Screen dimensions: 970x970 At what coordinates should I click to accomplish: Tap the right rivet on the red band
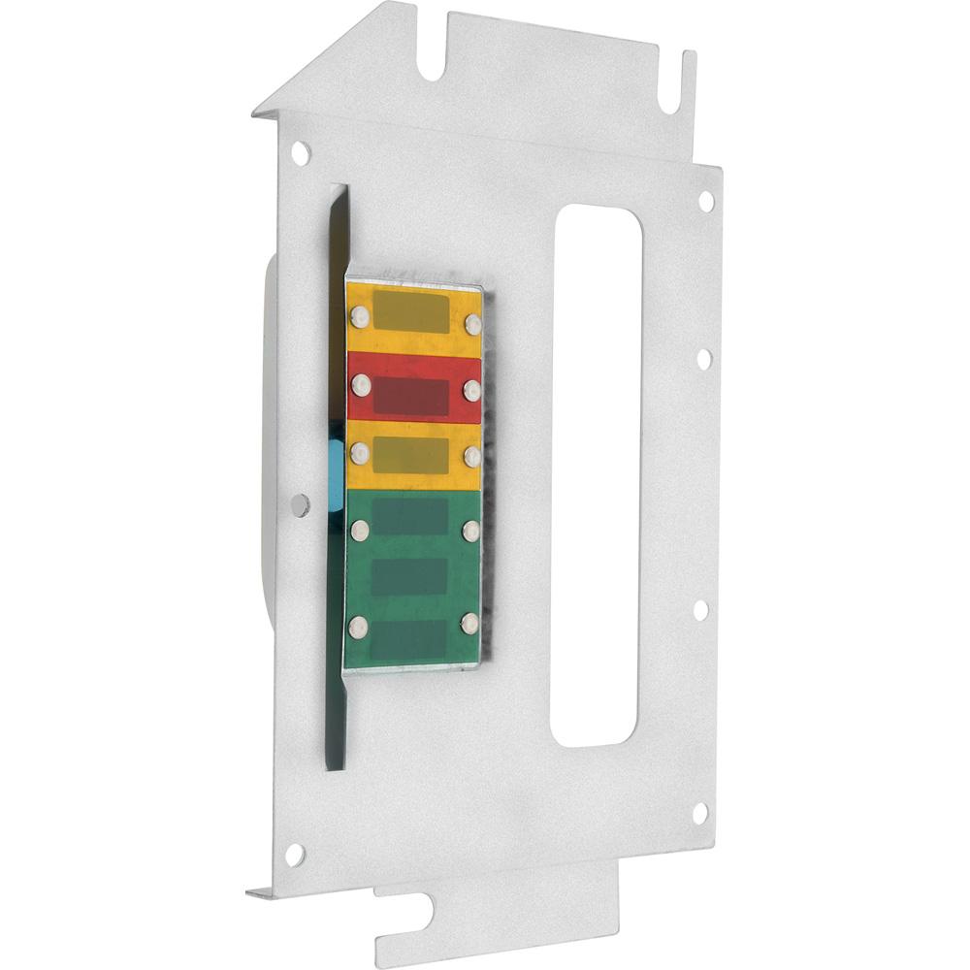(x=471, y=389)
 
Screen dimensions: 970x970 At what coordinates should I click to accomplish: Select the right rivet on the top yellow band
(x=473, y=322)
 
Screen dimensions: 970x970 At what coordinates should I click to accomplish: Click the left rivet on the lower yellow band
(x=360, y=450)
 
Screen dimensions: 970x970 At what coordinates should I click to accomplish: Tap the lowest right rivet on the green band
(x=472, y=622)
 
